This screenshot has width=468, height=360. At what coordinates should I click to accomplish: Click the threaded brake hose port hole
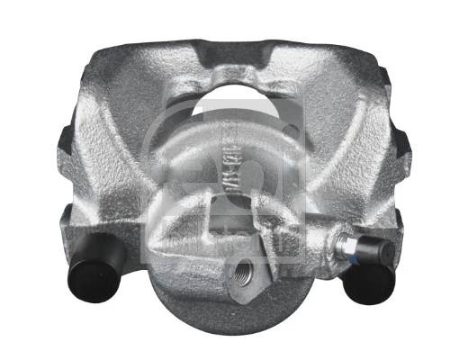click(x=243, y=270)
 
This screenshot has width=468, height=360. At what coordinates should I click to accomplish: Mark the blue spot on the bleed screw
click(x=352, y=247)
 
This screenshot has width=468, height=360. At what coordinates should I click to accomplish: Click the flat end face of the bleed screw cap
click(x=370, y=256)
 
